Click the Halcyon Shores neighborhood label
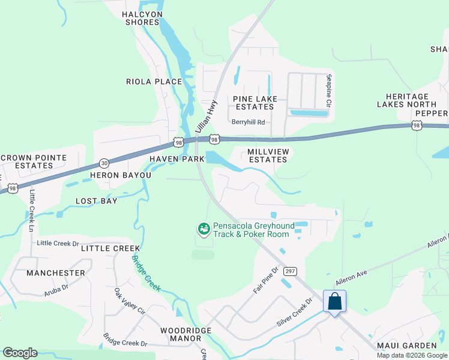pos(142,18)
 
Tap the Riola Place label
pos(154,82)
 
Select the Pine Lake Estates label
pos(253,102)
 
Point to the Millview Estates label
pos(268,155)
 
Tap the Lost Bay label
pos(97,201)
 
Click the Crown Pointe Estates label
pos(41,161)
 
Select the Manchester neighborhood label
pos(56,273)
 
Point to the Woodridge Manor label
pos(181,334)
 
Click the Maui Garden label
pos(406,346)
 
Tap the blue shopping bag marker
pos(334,301)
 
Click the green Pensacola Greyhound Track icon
pos(204,229)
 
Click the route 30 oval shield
pos(104,163)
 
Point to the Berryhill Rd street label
pos(248,122)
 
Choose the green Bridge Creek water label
pos(146,273)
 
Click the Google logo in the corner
pos(20,353)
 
